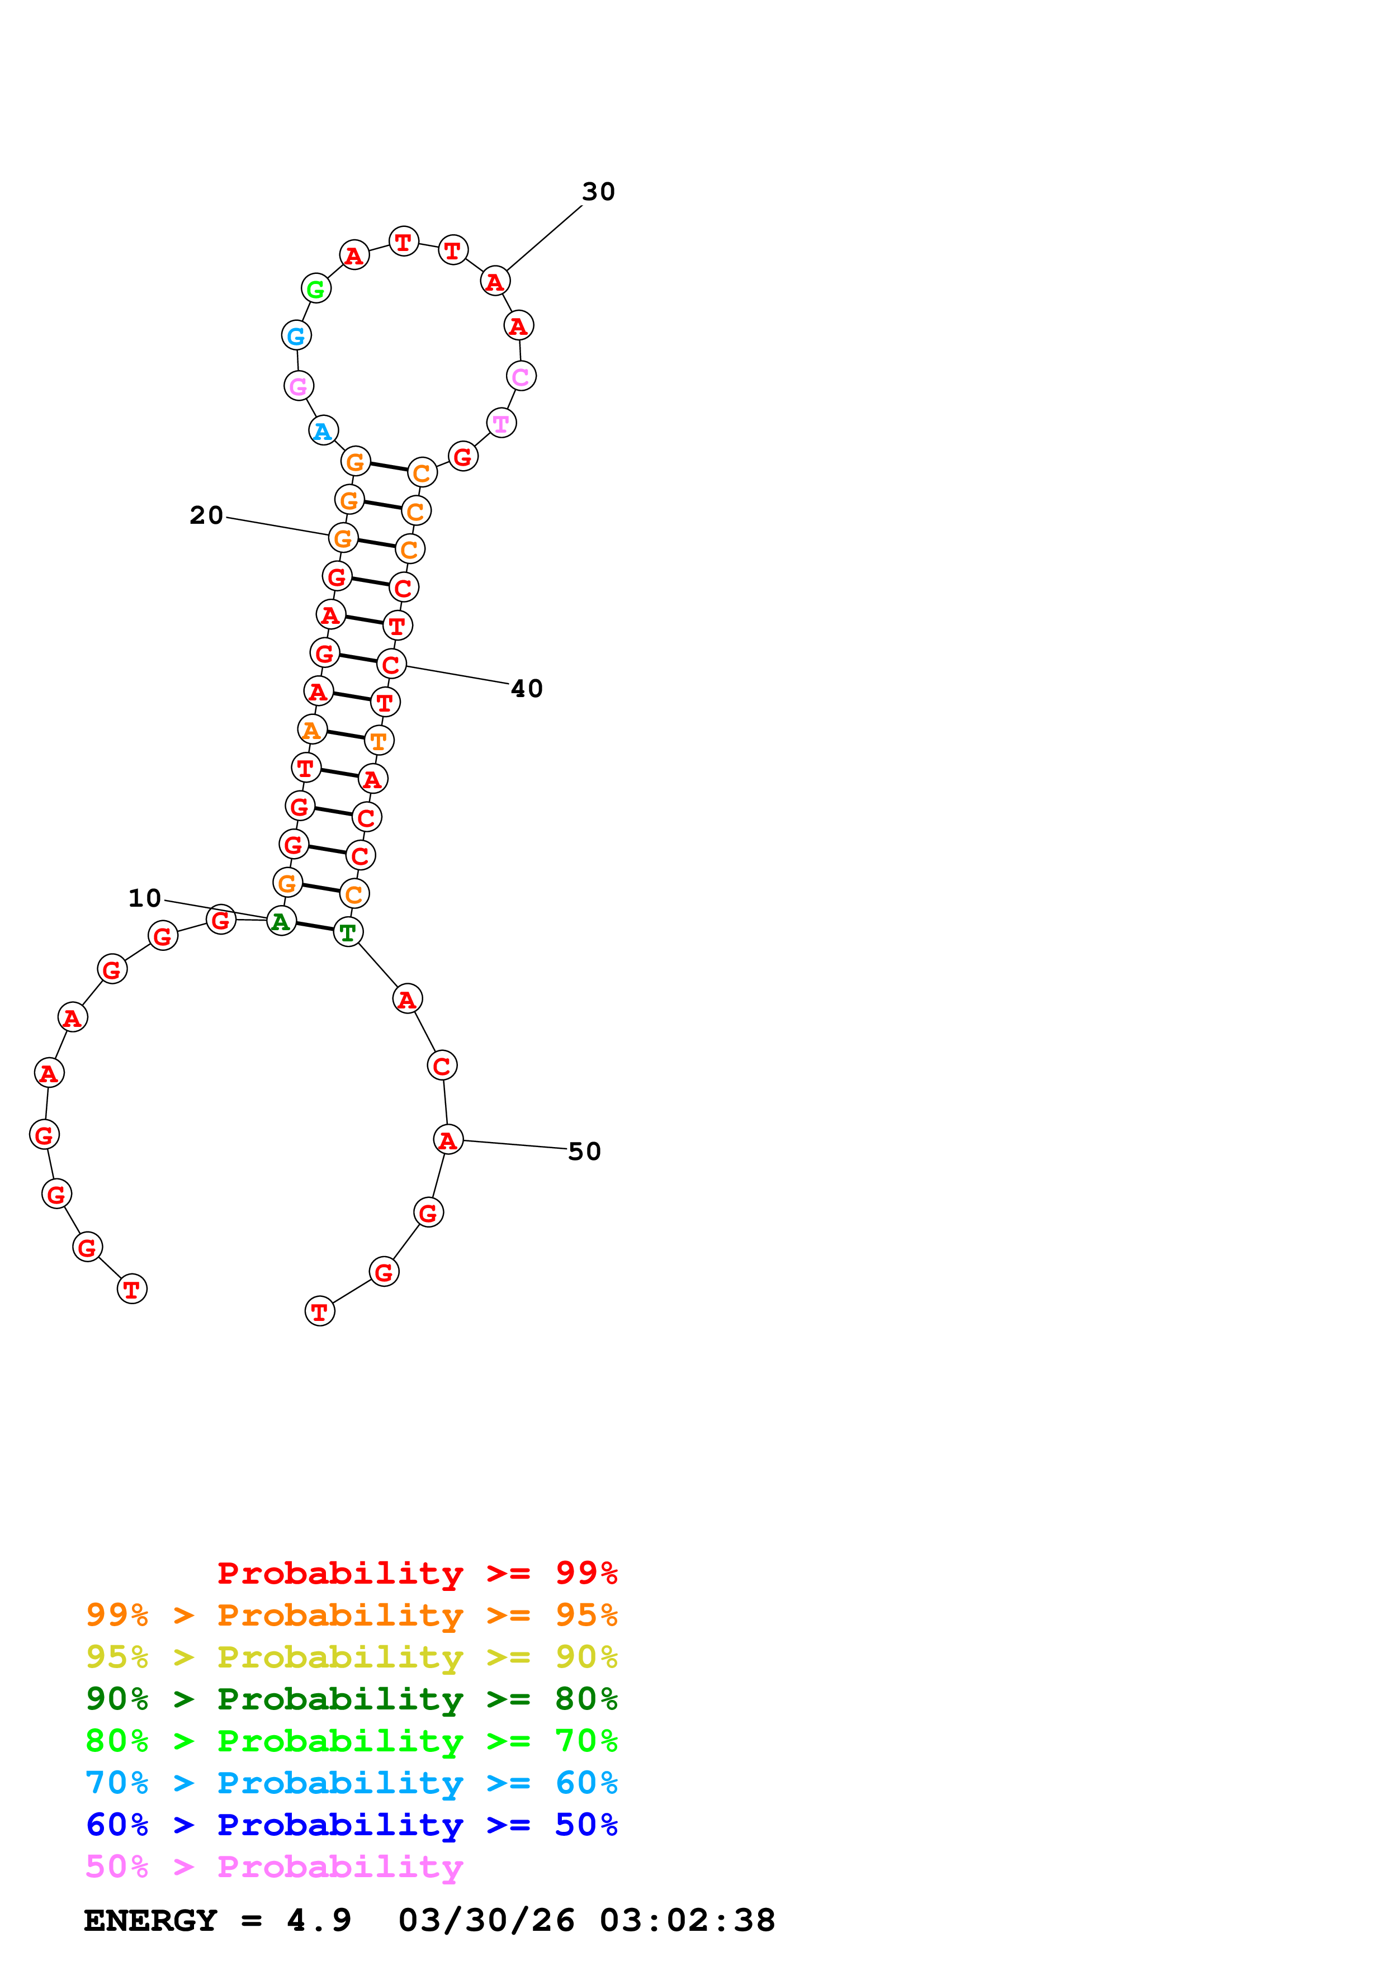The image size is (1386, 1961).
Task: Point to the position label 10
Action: (x=144, y=898)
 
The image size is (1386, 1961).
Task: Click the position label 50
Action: (x=584, y=1152)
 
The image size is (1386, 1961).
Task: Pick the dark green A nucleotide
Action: (x=281, y=922)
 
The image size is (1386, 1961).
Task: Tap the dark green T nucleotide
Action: (x=348, y=932)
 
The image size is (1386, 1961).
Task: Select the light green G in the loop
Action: (x=316, y=290)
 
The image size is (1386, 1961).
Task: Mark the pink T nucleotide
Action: (x=502, y=424)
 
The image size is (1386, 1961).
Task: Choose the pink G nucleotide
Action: (x=298, y=387)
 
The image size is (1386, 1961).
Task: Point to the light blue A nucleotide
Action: (x=323, y=432)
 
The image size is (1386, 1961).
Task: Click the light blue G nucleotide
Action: (x=295, y=337)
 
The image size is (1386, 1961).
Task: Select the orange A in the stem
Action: (x=312, y=730)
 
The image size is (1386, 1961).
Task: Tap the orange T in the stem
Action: (x=379, y=741)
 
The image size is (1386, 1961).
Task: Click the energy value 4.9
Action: (x=319, y=1920)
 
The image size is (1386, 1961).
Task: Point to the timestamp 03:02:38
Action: (x=687, y=1920)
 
